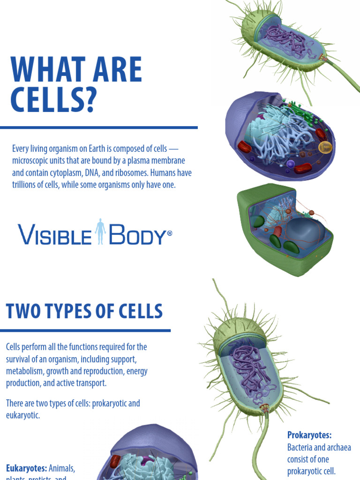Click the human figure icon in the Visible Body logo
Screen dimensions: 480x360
(100, 232)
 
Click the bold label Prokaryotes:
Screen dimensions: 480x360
(309, 435)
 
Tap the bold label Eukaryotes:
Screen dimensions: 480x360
(26, 468)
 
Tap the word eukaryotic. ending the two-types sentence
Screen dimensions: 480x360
(23, 415)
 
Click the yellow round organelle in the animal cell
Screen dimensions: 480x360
(325, 148)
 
